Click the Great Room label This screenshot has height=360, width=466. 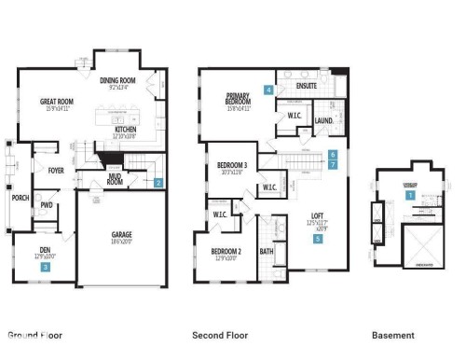point(57,102)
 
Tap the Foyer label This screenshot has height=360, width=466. point(43,171)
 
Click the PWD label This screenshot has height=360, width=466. point(46,205)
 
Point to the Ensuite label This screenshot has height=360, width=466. point(306,86)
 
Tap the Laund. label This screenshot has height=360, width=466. point(323,120)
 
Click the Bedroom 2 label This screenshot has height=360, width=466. point(226,252)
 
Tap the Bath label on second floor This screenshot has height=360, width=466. point(267,251)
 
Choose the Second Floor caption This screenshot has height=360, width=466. point(220,335)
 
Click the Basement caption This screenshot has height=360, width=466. point(393,335)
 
